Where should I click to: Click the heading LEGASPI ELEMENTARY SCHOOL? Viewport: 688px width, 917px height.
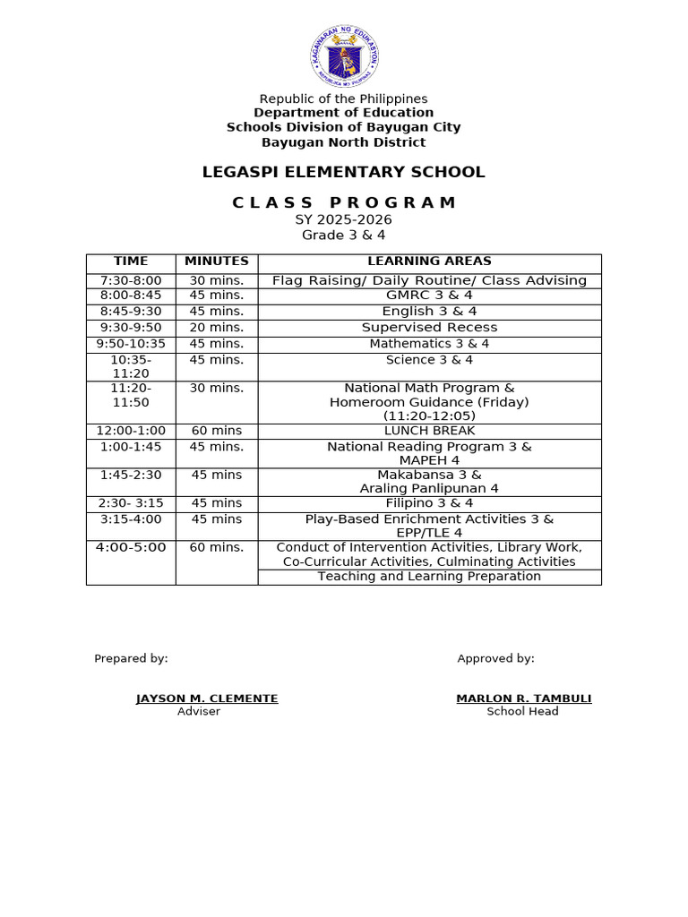pos(343,172)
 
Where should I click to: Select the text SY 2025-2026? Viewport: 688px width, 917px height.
pos(343,219)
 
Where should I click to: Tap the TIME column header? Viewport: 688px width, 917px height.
pos(131,261)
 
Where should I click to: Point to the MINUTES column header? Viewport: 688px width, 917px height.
pos(217,261)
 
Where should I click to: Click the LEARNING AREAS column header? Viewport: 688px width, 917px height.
pos(429,261)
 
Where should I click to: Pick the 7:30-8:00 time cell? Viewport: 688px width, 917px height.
pos(131,280)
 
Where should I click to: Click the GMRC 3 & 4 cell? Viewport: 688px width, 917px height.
pos(429,296)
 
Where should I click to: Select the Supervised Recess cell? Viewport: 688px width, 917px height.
pos(429,328)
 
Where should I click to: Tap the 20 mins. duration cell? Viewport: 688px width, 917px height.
pos(217,328)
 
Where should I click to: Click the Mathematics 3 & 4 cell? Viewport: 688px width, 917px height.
pos(429,344)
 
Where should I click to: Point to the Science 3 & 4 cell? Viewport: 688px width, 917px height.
pos(429,360)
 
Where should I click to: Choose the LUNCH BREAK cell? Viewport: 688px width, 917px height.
pos(429,431)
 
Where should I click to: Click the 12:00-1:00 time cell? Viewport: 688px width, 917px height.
pos(131,431)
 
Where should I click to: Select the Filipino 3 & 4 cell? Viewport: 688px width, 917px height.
pos(429,503)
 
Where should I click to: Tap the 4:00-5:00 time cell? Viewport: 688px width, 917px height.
pos(131,547)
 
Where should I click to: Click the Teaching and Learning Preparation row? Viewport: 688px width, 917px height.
pos(429,577)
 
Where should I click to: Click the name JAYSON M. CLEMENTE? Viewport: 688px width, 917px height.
pos(207,698)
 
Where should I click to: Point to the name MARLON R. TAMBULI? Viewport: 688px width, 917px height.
pos(523,698)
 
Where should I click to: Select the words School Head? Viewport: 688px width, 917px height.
pos(522,711)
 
